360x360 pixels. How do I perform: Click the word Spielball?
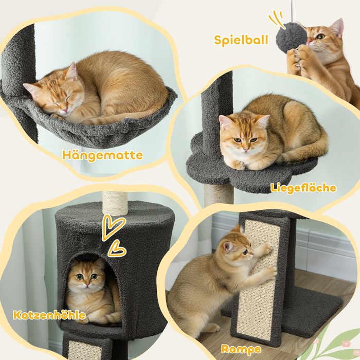coord(241,40)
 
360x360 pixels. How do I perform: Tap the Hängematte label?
coord(102,155)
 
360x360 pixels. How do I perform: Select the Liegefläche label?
coord(303,188)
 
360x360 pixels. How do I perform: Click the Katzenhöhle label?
coord(49,315)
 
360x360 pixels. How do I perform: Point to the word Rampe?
coord(241,349)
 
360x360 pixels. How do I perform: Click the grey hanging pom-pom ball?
coord(291,37)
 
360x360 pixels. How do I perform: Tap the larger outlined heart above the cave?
coord(113,227)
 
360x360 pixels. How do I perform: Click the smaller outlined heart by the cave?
coord(117,248)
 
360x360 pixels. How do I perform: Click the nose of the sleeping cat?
coord(66,111)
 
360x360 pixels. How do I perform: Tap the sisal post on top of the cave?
coord(115,203)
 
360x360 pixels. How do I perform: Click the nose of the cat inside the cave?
coord(87,285)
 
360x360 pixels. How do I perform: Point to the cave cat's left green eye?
coord(79,277)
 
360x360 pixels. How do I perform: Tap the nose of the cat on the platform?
coord(246,150)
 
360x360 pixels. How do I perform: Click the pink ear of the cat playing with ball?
coord(337,27)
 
